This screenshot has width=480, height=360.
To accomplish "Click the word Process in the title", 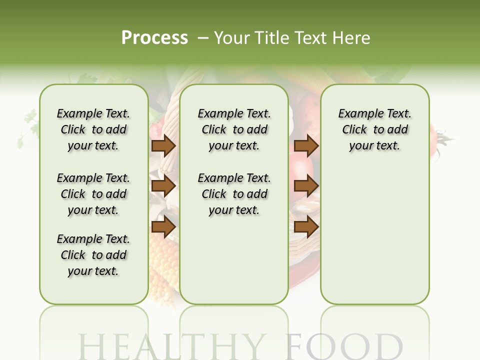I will click(154, 38).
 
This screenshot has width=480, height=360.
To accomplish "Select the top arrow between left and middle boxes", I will click(163, 145).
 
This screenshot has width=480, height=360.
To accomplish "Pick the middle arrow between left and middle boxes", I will click(163, 186).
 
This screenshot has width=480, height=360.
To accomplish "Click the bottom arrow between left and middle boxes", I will click(163, 226).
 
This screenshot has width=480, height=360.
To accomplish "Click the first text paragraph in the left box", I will click(93, 129).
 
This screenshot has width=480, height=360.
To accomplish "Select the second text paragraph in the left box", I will click(93, 194).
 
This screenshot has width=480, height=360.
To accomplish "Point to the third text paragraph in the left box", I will click(93, 255).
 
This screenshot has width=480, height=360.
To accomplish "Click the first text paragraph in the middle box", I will click(234, 129).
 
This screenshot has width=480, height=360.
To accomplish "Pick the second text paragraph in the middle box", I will click(234, 194).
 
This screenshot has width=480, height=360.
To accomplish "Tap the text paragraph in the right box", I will click(375, 129).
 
